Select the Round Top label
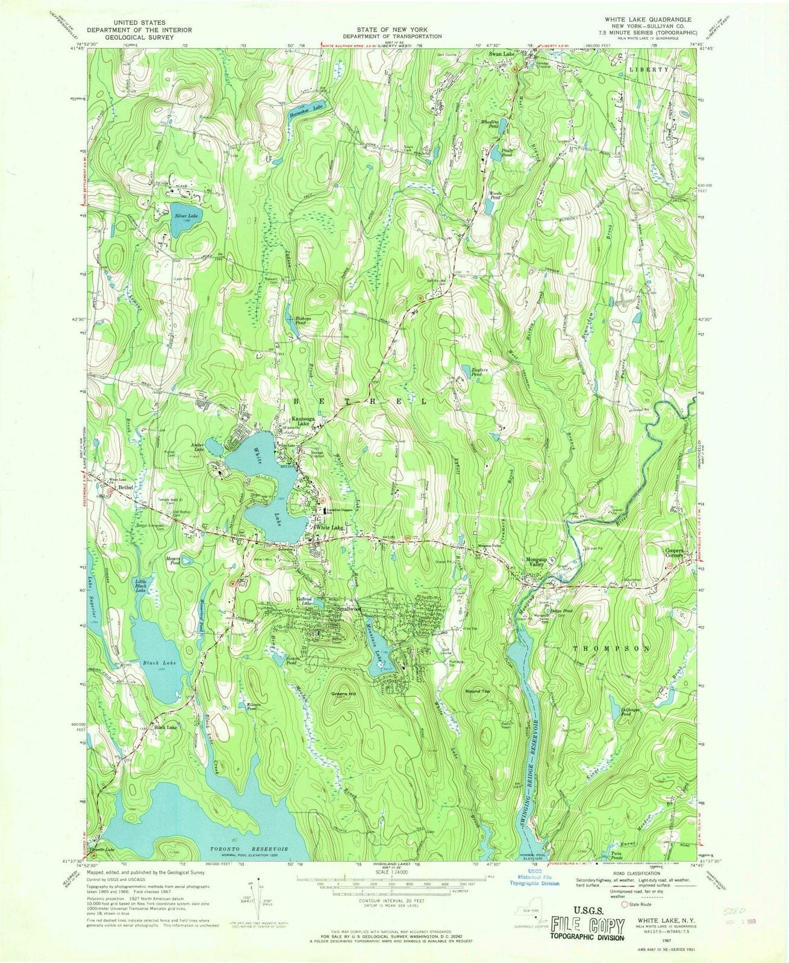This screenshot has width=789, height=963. (x=477, y=692)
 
